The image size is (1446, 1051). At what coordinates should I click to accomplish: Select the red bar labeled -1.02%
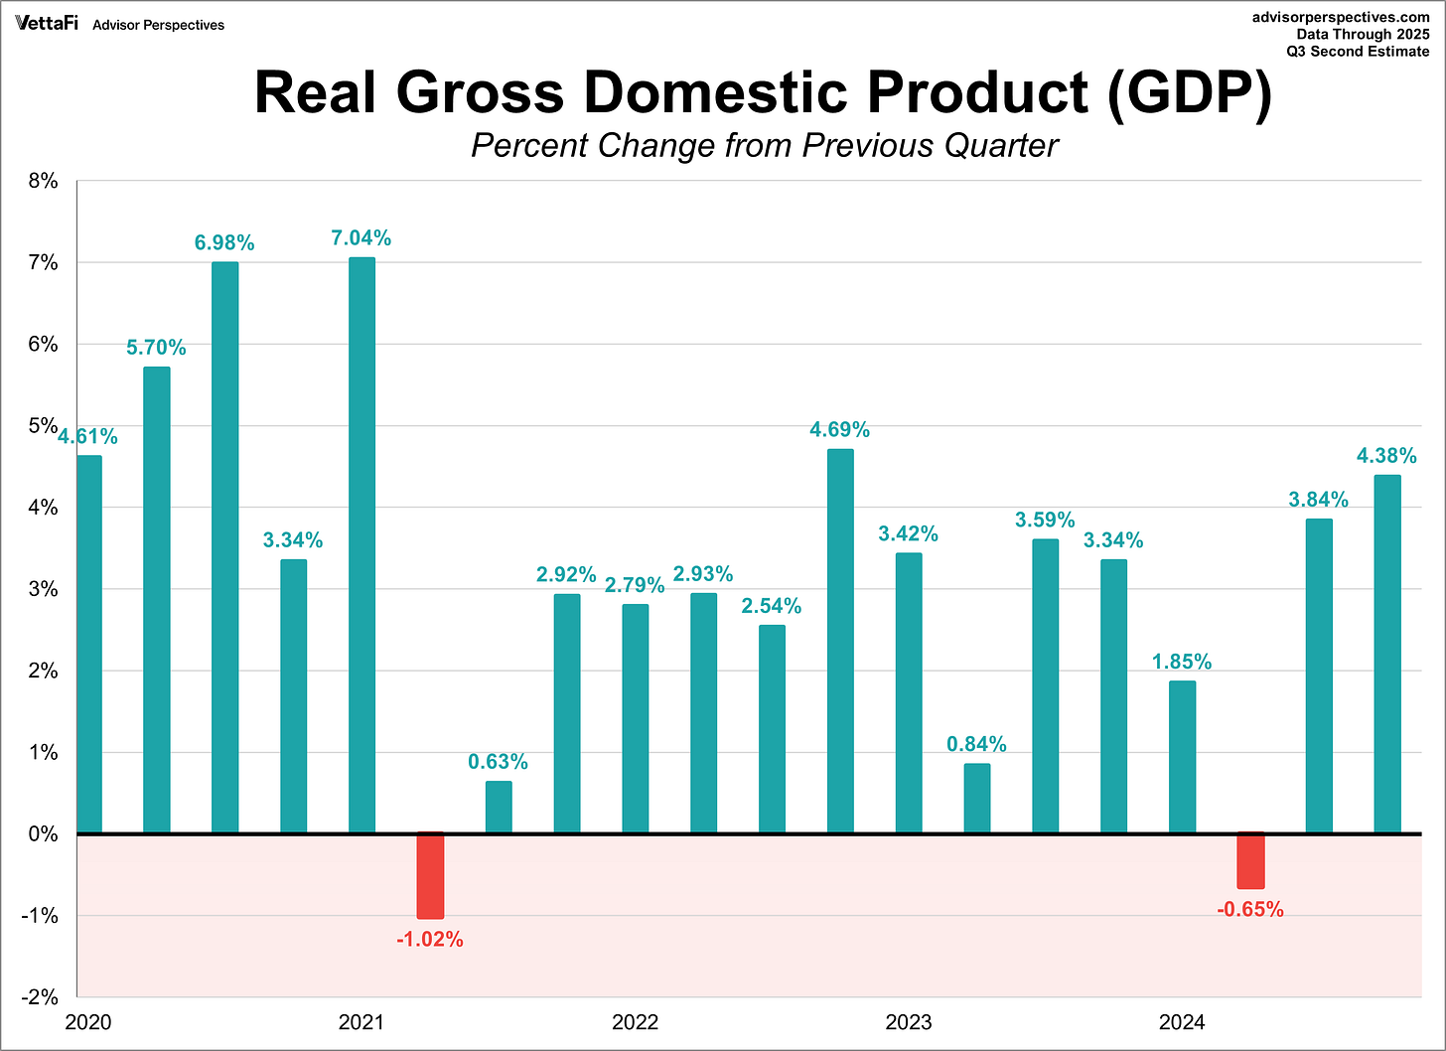click(430, 875)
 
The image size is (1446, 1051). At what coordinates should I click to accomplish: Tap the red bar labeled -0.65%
click(1250, 860)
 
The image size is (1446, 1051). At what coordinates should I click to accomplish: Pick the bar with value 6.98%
click(224, 547)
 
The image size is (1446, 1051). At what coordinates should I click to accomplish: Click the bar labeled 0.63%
click(499, 807)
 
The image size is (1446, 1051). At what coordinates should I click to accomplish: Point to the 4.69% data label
click(839, 429)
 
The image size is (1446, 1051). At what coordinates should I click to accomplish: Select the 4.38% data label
click(1386, 455)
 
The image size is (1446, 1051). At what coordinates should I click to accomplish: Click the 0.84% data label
click(976, 744)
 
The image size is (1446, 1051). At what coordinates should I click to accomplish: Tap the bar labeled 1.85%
click(1182, 757)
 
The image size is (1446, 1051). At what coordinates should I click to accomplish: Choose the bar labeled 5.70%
click(157, 600)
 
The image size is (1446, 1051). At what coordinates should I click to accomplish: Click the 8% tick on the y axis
click(43, 182)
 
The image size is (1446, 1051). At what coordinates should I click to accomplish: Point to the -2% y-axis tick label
click(40, 997)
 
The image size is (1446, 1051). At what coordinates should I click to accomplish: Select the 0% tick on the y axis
click(43, 834)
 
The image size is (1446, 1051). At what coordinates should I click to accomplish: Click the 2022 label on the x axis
click(635, 1022)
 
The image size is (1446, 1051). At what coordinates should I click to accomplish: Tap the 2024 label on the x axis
click(1182, 1022)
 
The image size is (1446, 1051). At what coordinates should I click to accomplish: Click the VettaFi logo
click(47, 23)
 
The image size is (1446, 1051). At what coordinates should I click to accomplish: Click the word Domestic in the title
click(715, 92)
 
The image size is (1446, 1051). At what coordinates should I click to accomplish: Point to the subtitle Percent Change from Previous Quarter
click(765, 145)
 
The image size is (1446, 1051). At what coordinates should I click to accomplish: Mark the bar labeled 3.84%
click(1319, 676)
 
